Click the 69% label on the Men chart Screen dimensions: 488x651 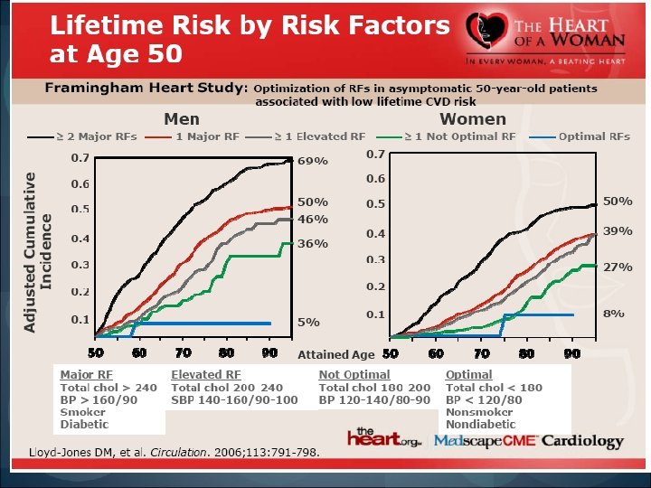(x=313, y=160)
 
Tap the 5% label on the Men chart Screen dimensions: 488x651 (x=309, y=322)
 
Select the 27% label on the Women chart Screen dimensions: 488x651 (x=618, y=267)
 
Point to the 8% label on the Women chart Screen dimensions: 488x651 (x=615, y=313)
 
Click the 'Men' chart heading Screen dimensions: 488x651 (x=182, y=118)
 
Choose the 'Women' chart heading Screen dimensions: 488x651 (x=472, y=118)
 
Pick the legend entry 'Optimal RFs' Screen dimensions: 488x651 (x=594, y=136)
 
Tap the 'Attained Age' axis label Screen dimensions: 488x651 (x=335, y=355)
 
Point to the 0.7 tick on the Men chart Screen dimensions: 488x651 (x=80, y=158)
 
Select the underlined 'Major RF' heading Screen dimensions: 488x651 (x=87, y=374)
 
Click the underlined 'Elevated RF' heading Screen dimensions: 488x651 (x=206, y=374)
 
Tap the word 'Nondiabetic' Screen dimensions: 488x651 (x=481, y=424)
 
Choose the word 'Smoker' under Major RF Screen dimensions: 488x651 (x=83, y=412)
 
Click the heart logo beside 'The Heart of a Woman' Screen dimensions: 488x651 (x=488, y=34)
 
